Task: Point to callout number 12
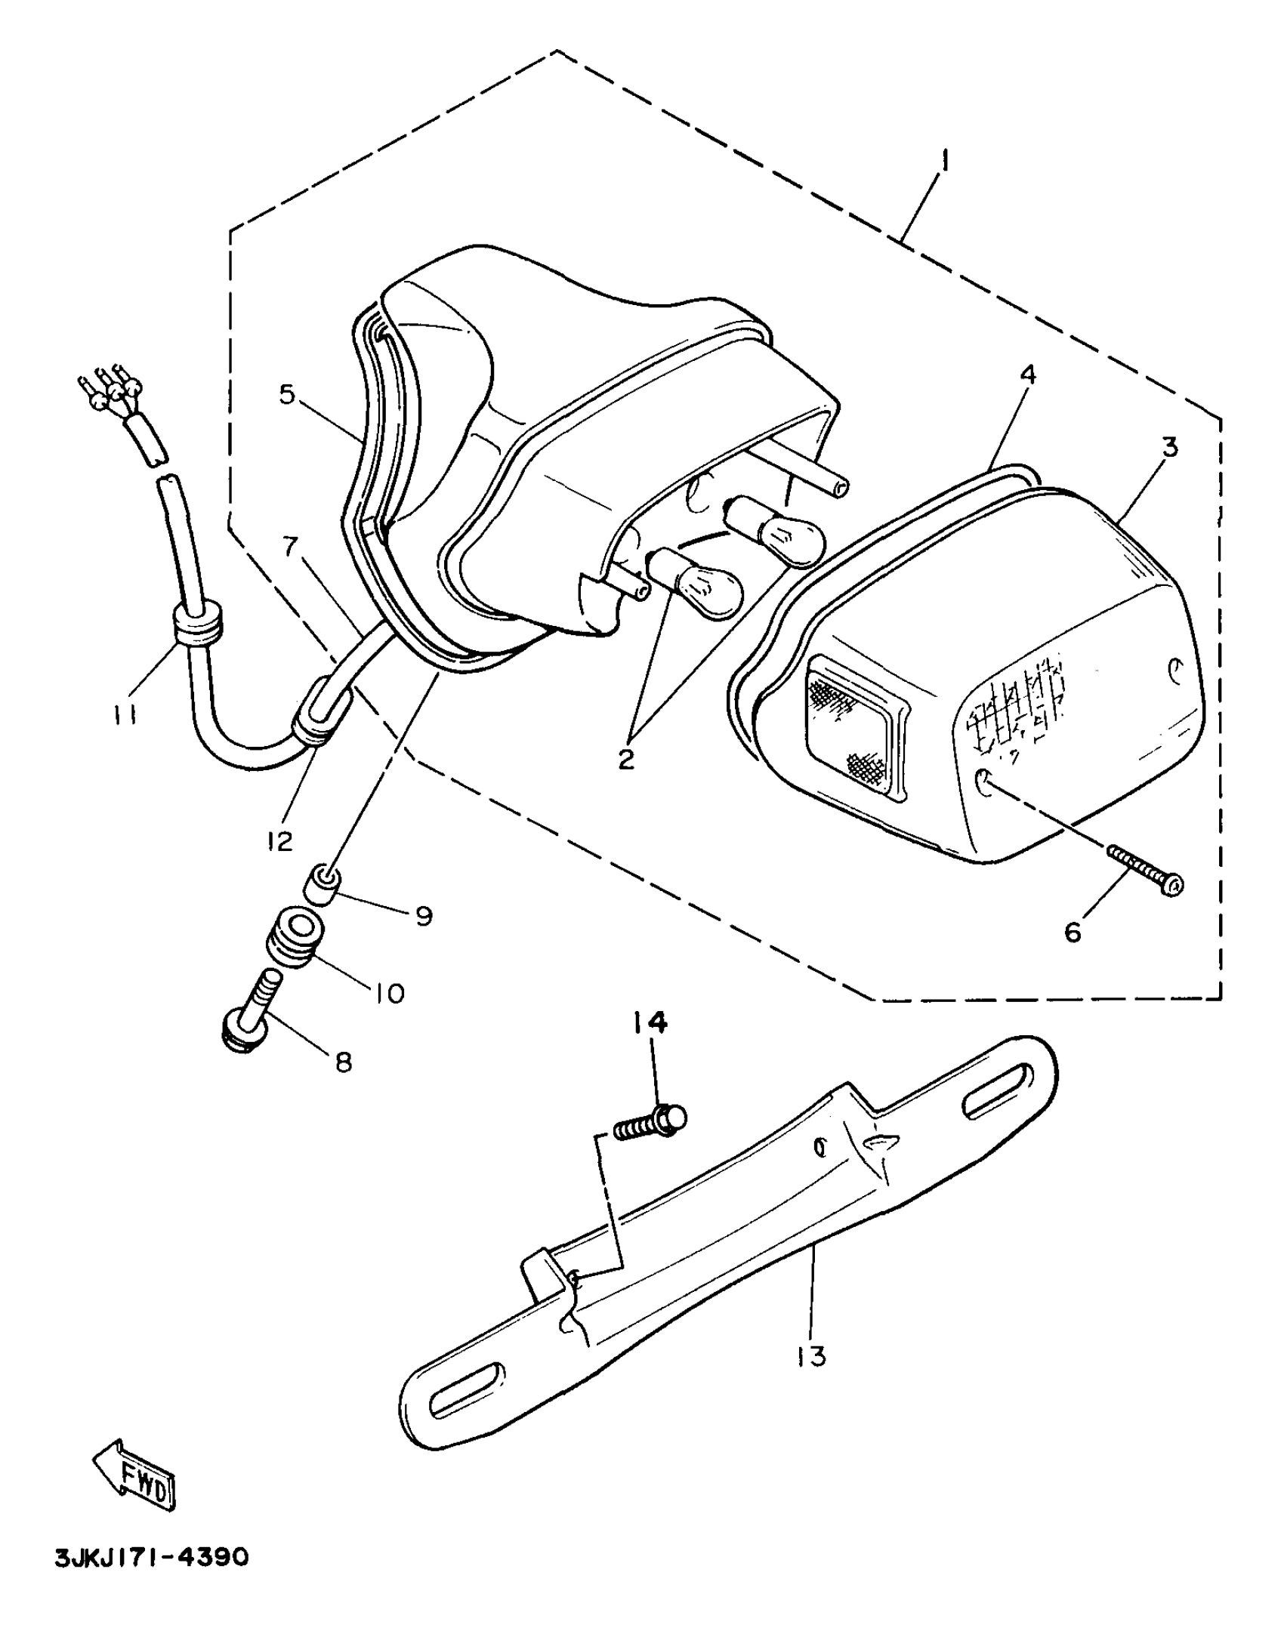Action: [x=279, y=840]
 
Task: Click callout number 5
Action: [x=286, y=394]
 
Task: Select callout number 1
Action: [x=945, y=161]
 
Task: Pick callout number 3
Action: [x=1169, y=448]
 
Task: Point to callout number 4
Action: [x=1029, y=375]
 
